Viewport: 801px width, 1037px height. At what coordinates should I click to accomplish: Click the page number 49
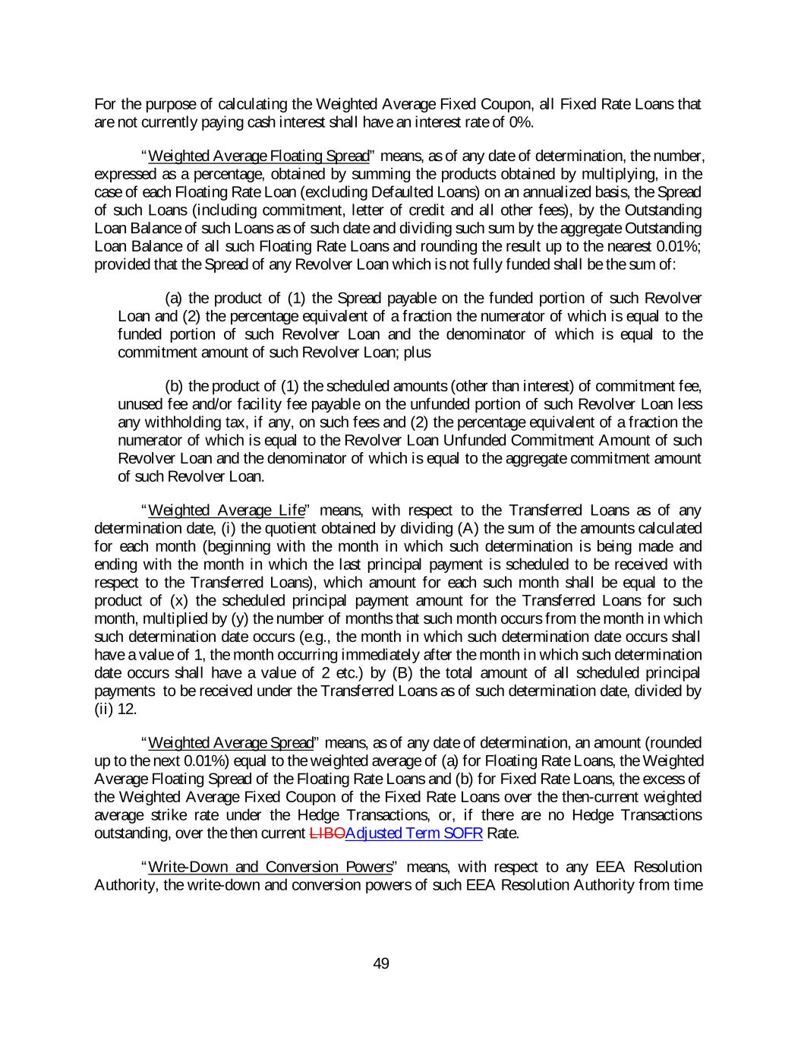pyautogui.click(x=381, y=963)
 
